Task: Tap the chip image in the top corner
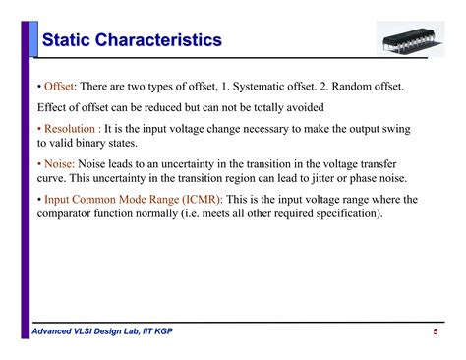[402, 39]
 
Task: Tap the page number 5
[434, 332]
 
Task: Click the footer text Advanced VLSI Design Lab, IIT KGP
[109, 332]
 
